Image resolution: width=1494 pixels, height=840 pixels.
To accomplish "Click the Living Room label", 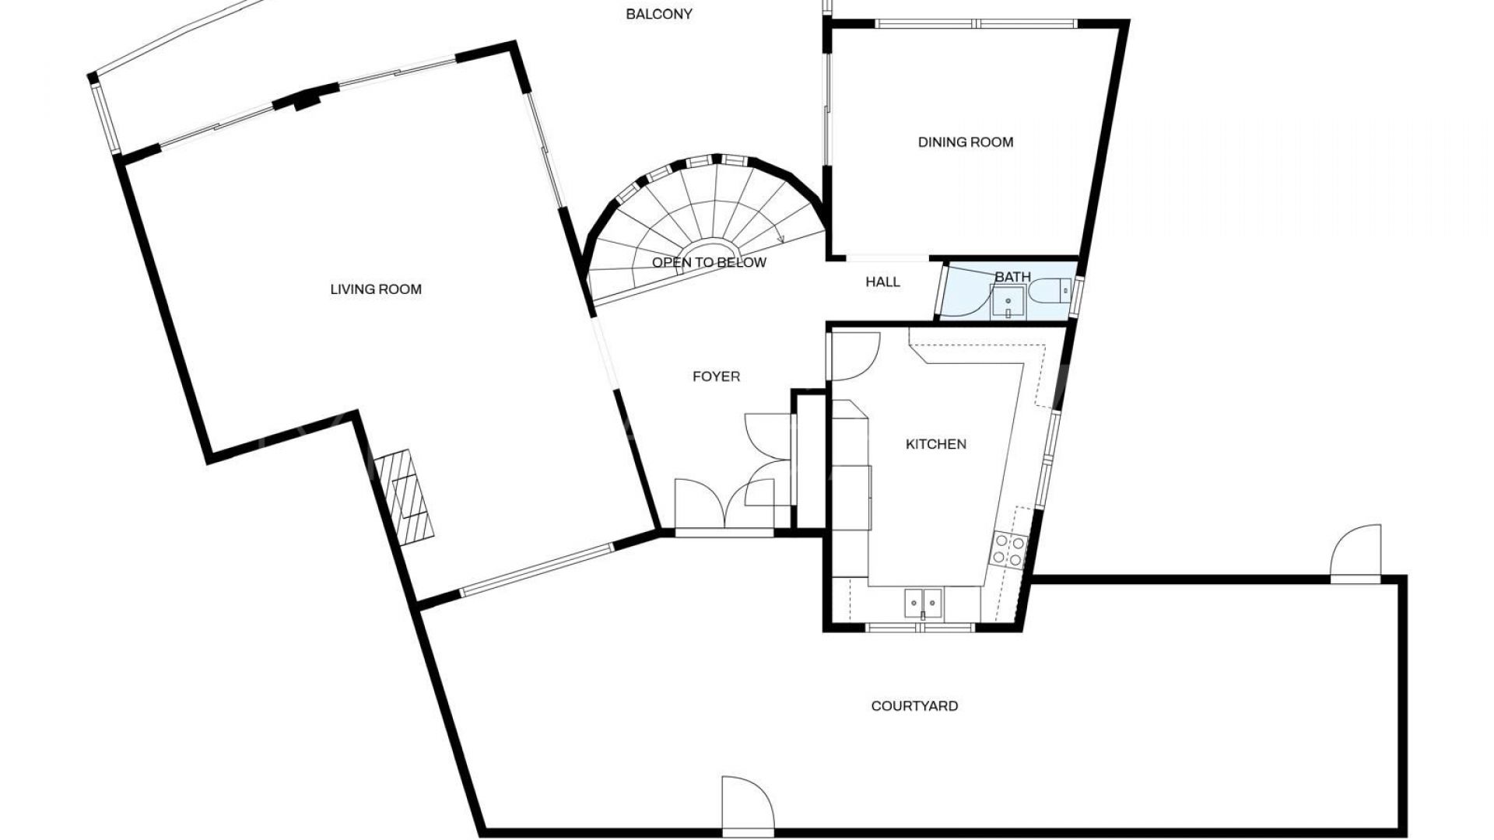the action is click(376, 289).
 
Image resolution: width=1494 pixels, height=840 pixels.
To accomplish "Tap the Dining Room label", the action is click(966, 142).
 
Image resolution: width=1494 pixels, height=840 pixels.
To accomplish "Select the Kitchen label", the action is click(936, 444).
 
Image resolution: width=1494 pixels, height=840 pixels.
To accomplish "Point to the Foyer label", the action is click(716, 376).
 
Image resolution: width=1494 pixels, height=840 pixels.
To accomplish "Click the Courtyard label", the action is click(914, 706).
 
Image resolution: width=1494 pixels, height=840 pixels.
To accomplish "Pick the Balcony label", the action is click(659, 14).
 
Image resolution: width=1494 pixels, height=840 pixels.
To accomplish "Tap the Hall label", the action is click(882, 282).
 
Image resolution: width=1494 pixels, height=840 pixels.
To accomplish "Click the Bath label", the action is click(1012, 277).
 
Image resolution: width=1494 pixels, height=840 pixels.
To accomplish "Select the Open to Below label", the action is click(709, 263).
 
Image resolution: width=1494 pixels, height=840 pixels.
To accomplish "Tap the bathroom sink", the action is click(1008, 303).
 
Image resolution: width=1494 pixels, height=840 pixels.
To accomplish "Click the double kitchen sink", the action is click(923, 601).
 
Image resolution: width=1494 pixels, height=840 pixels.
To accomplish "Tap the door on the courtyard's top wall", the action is click(1356, 553).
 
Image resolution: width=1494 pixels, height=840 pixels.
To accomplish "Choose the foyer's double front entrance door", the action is click(724, 506).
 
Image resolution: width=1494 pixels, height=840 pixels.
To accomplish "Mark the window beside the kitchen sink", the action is click(921, 627).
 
